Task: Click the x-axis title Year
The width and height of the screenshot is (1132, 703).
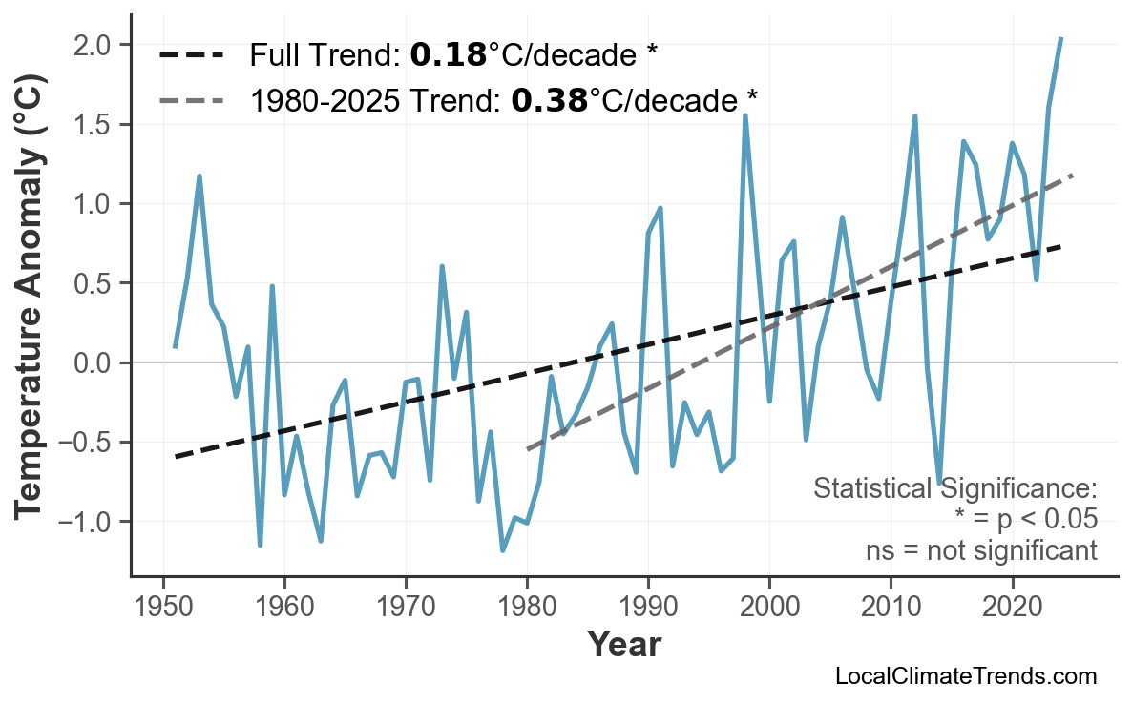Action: pos(623,645)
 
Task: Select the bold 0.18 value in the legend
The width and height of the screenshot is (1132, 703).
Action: pos(448,55)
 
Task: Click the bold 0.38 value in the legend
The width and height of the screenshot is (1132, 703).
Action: pos(549,99)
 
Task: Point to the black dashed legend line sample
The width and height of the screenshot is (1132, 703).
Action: pos(191,55)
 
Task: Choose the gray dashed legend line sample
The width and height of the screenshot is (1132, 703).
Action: pos(191,99)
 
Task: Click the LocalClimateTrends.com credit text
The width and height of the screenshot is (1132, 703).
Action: pos(965,676)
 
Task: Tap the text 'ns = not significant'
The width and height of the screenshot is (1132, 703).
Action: pos(981,550)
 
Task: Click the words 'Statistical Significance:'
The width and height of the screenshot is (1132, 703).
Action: pos(954,489)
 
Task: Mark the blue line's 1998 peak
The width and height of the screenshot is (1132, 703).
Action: pos(745,116)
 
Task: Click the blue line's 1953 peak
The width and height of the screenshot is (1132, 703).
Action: pos(199,176)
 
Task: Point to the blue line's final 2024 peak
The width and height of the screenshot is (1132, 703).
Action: pos(1060,39)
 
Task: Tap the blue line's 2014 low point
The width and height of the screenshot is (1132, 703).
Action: pos(939,483)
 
